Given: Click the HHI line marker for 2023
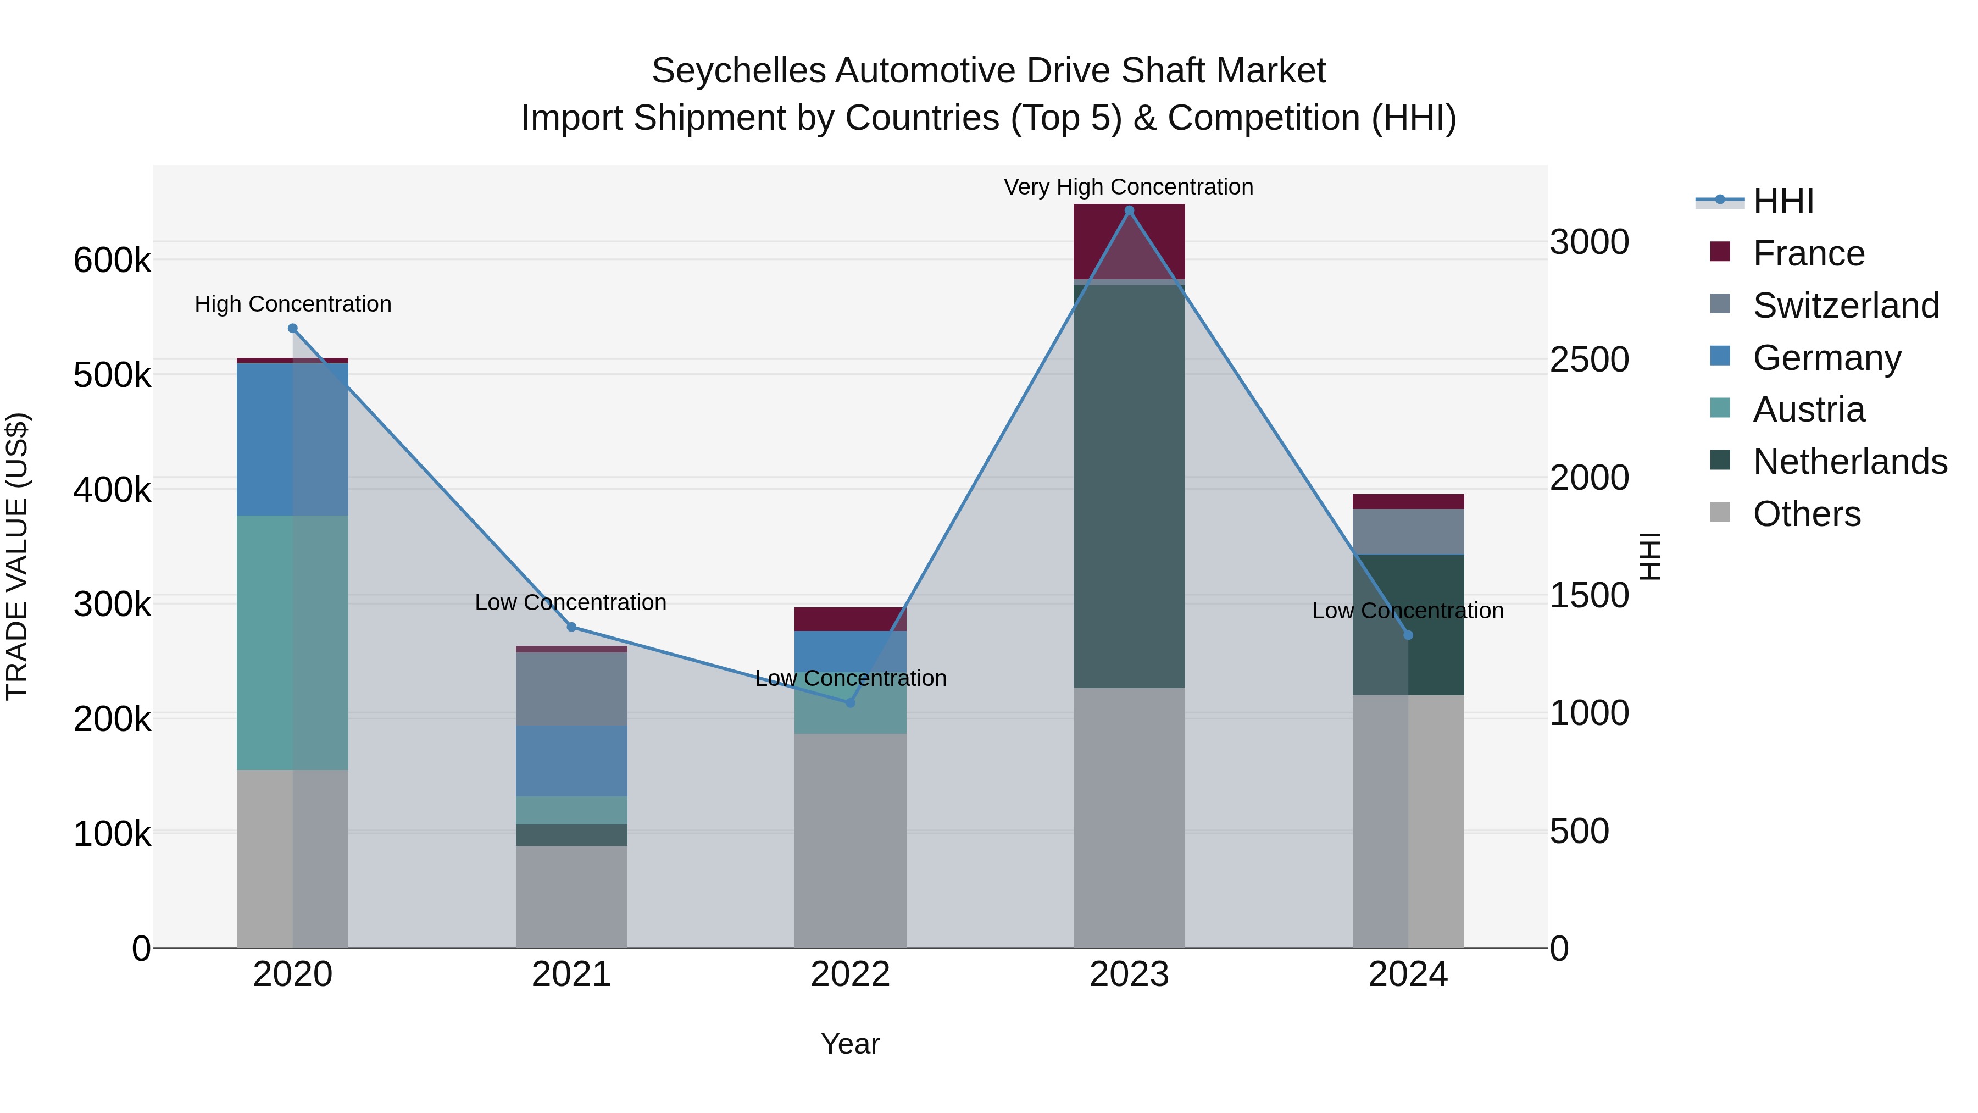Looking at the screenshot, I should coord(1129,211).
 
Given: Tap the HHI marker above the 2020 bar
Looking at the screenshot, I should coord(292,329).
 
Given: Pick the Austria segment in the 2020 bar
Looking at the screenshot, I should coord(292,642).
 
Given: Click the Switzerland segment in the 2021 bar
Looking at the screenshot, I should coord(571,688).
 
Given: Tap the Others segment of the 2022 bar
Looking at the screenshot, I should coord(850,840).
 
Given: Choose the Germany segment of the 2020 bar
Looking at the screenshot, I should coord(292,439).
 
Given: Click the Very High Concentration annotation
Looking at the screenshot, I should coord(1128,187).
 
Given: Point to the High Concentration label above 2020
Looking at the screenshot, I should coord(292,304).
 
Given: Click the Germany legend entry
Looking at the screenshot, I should coord(1827,358).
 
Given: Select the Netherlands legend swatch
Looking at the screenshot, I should coord(1720,461).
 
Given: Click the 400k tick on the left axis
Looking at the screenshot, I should coord(112,489).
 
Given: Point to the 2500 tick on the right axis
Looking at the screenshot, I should coord(1588,359).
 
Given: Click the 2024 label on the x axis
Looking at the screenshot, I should coord(1408,974).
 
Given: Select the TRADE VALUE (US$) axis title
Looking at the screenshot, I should coord(17,556).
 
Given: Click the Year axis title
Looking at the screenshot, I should coord(850,1044).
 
